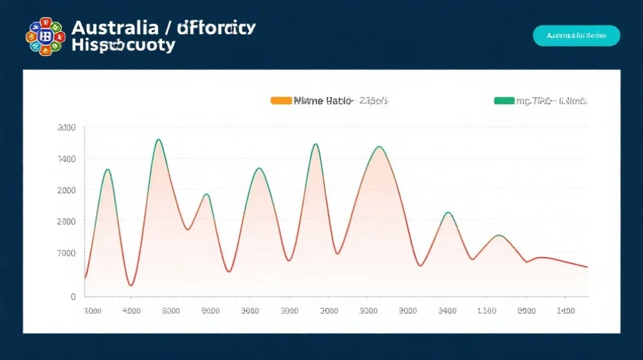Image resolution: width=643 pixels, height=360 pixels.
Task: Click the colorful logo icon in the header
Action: (44, 36)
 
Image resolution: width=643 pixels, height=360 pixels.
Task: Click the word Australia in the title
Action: (115, 28)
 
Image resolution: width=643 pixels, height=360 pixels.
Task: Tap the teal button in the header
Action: (576, 36)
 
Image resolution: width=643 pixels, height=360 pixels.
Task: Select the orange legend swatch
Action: (281, 101)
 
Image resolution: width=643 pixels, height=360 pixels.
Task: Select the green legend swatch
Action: (503, 101)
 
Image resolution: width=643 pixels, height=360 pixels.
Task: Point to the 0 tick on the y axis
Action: (73, 297)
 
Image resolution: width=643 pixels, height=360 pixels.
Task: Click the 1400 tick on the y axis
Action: (67, 159)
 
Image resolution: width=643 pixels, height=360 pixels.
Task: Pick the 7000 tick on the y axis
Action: (67, 253)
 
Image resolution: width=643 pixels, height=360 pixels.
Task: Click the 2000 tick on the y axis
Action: (67, 190)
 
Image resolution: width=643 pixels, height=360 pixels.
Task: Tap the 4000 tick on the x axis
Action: (131, 311)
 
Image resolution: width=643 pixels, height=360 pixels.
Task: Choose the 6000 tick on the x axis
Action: (171, 311)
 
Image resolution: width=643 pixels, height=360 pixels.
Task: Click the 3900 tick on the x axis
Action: (290, 311)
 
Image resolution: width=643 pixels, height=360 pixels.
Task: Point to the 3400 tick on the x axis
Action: (448, 311)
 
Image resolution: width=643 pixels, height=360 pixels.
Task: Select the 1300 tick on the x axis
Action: (487, 311)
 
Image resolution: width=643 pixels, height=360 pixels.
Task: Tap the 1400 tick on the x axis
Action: (566, 311)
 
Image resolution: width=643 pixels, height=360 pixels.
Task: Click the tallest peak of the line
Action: (158, 139)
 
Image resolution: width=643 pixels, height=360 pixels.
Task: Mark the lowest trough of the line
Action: (131, 285)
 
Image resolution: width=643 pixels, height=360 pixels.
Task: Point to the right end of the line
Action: (587, 267)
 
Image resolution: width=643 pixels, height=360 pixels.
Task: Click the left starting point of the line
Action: (85, 278)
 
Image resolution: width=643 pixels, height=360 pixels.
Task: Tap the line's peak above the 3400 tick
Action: (448, 213)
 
